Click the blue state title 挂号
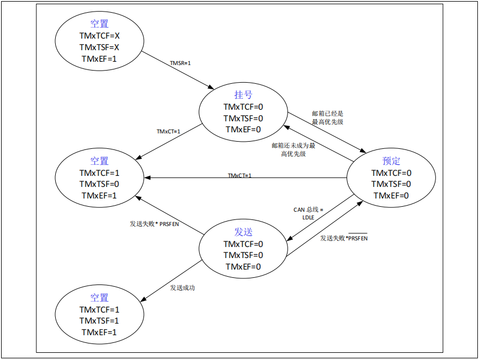[243, 95]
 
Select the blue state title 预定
[391, 161]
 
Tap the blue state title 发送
[243, 232]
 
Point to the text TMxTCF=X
[99, 35]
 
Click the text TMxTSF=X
[99, 47]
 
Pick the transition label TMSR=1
[180, 63]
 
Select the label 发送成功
[183, 288]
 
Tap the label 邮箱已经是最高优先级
[327, 117]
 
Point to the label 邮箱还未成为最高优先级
[293, 150]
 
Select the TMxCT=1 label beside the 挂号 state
[168, 132]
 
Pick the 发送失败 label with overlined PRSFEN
[344, 238]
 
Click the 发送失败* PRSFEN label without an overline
[155, 224]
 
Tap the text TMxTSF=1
[99, 321]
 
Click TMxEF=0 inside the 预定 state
[391, 195]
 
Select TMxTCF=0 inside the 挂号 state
[243, 107]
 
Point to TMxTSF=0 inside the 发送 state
[243, 255]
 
